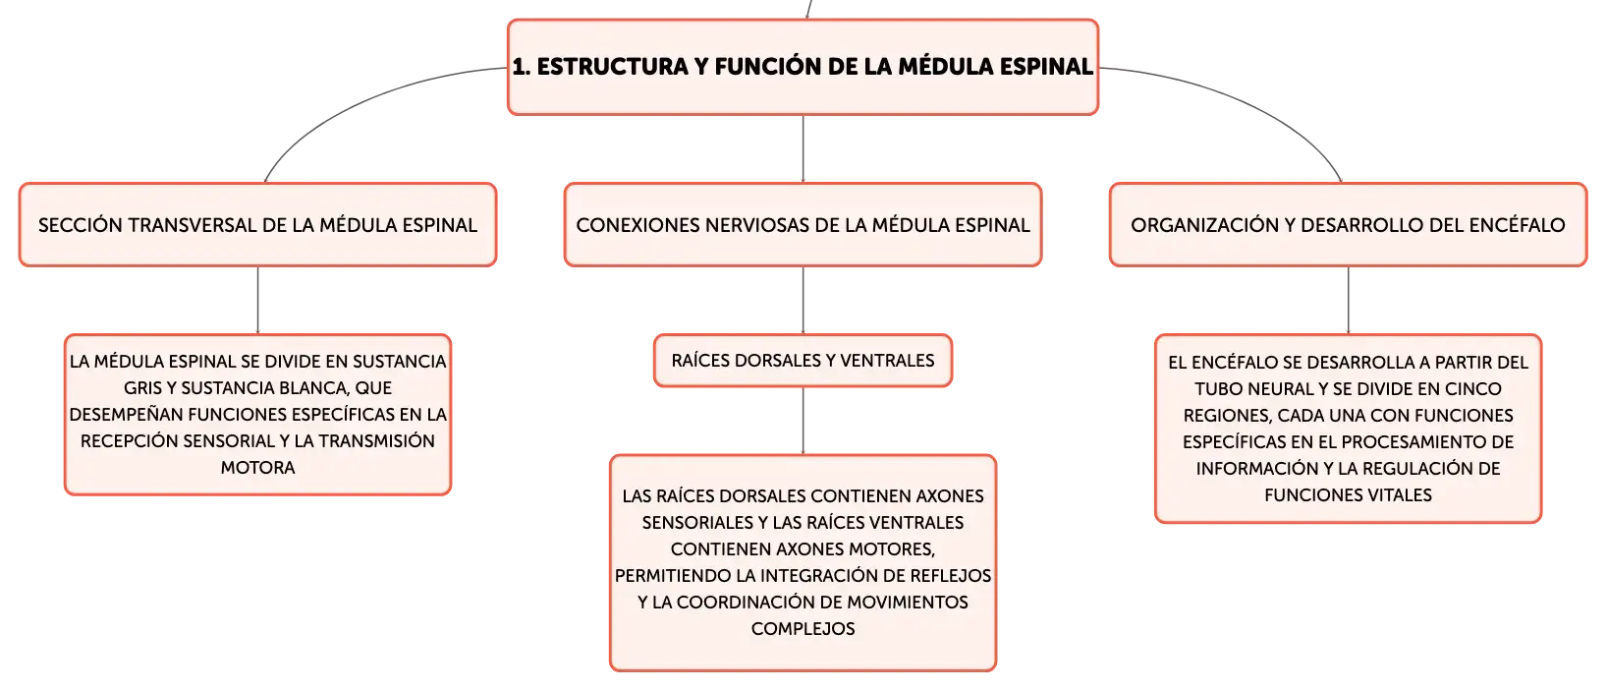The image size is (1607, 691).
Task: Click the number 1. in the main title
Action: point(521,67)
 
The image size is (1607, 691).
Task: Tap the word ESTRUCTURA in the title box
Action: point(612,66)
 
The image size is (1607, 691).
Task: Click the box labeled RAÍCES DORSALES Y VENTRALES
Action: point(803,360)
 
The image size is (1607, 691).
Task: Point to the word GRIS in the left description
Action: point(142,388)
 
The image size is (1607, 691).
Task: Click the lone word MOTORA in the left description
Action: point(257,468)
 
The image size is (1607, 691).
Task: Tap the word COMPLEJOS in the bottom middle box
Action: point(803,629)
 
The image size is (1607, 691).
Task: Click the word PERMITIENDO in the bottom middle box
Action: point(673,576)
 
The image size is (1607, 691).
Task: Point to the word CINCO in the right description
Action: point(1472,389)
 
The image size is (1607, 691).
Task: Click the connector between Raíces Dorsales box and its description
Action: point(803,422)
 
